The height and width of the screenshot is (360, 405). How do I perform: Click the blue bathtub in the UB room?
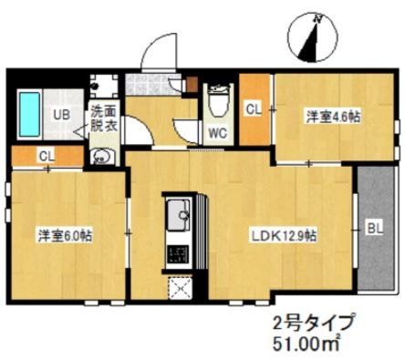point(29,113)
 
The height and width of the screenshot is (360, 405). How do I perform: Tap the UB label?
point(60,115)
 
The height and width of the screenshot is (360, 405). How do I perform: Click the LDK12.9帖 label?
point(285,234)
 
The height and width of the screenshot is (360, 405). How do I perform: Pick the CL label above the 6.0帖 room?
point(46,156)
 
